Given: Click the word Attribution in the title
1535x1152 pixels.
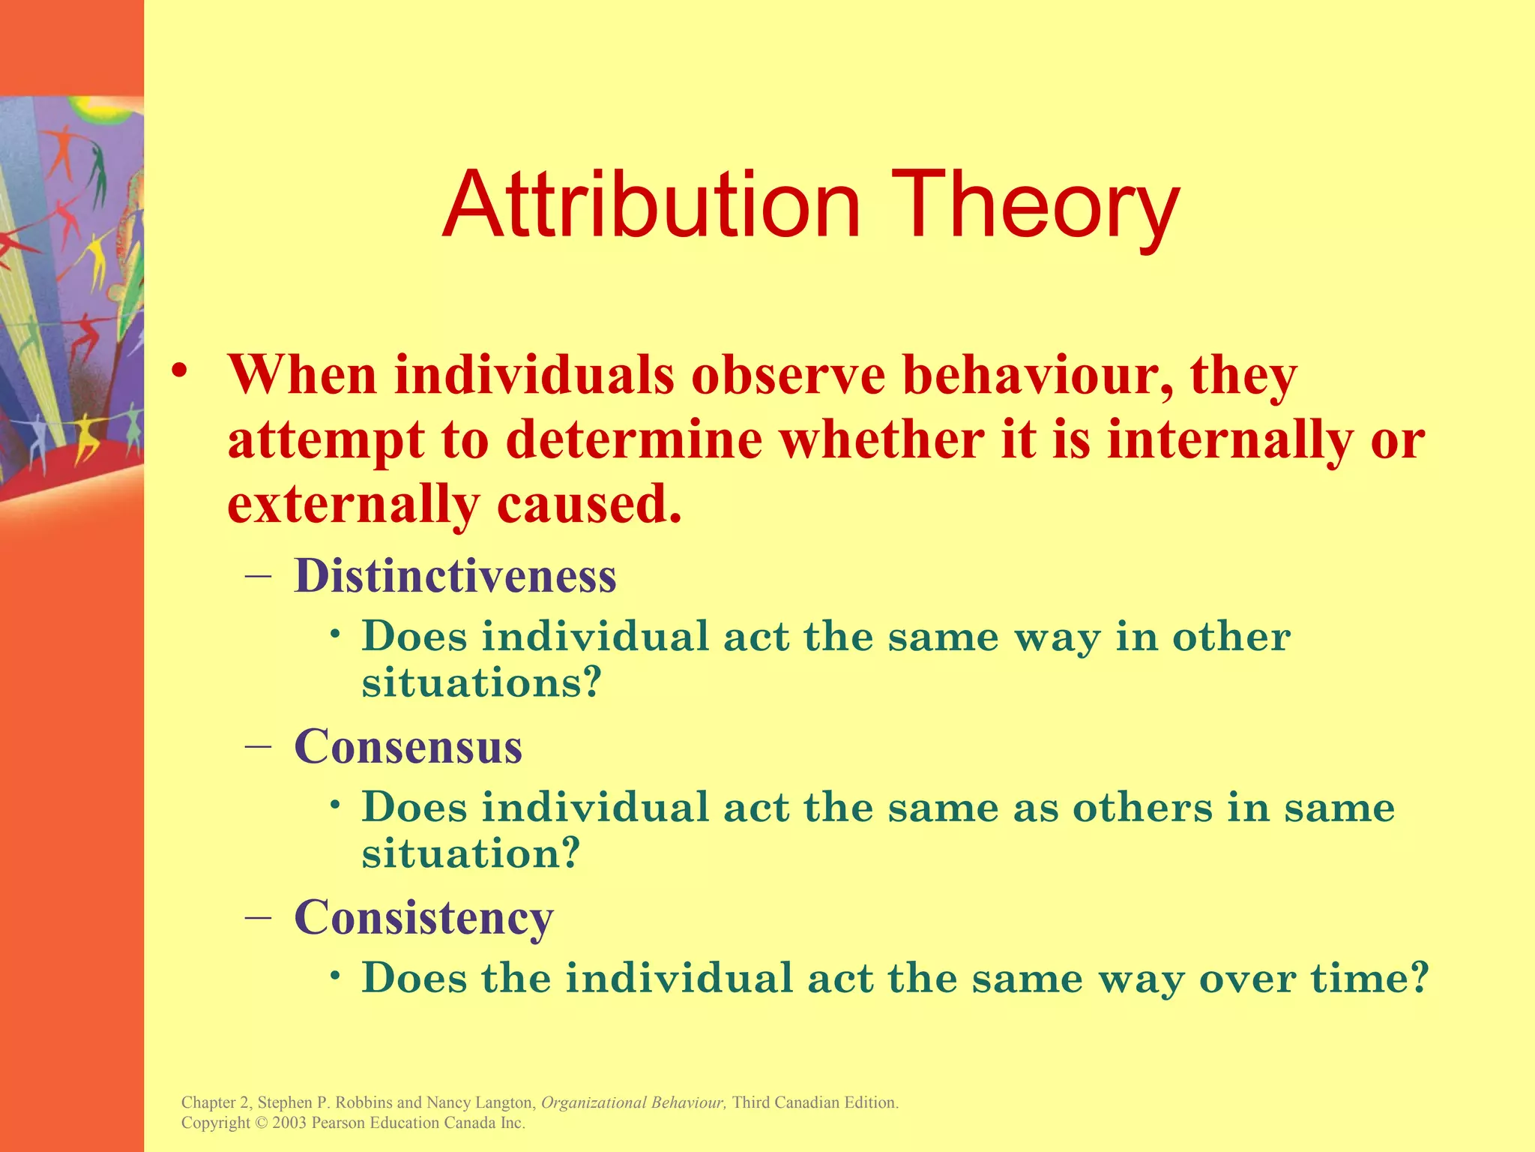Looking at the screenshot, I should (651, 205).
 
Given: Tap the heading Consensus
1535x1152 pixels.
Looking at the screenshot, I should (408, 747).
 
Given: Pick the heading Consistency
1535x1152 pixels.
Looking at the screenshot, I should (423, 917).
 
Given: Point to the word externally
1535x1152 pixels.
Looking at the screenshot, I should (352, 504).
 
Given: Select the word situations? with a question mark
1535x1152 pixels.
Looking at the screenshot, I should (481, 682).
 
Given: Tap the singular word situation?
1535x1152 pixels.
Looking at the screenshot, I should (471, 853).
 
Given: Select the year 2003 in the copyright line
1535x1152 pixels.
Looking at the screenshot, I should (289, 1123).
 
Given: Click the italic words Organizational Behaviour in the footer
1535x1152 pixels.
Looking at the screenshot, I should (632, 1102).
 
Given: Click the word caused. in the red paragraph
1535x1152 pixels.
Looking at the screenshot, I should (588, 504).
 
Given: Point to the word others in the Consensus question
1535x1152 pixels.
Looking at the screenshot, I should (1142, 808).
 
